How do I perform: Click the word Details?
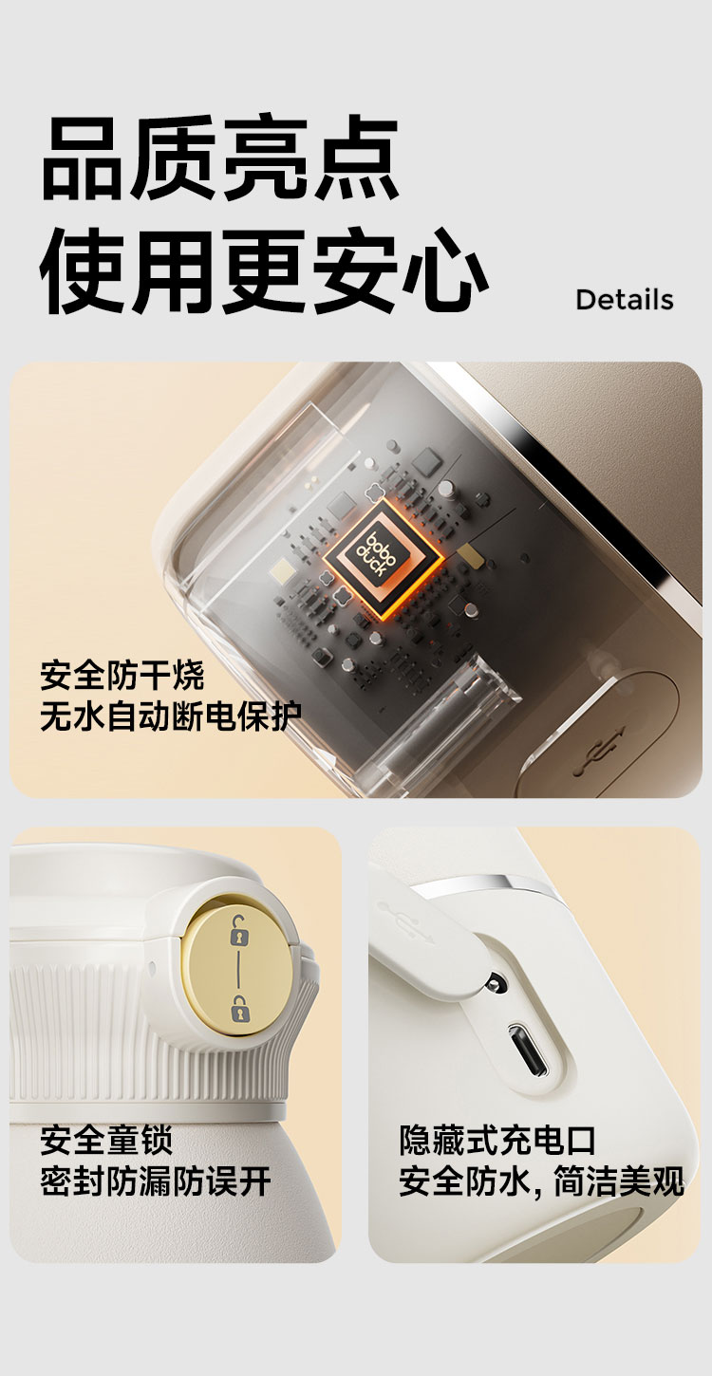624,300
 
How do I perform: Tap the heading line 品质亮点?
220,158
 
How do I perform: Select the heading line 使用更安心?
264,270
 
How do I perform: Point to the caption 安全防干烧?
122,676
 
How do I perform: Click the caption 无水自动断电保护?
172,716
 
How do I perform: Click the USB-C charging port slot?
528,1050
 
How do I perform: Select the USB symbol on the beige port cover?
600,750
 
